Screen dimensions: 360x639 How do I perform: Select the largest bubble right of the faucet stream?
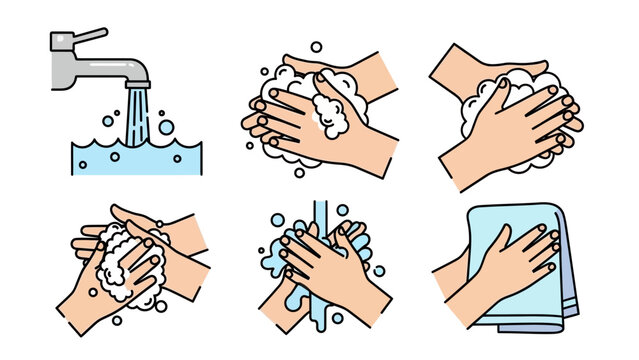[164, 128]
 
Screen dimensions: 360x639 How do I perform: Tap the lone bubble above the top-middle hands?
[316, 46]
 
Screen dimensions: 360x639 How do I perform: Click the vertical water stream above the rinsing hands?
[320, 214]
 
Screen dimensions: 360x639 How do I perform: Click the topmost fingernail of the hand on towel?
[552, 232]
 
